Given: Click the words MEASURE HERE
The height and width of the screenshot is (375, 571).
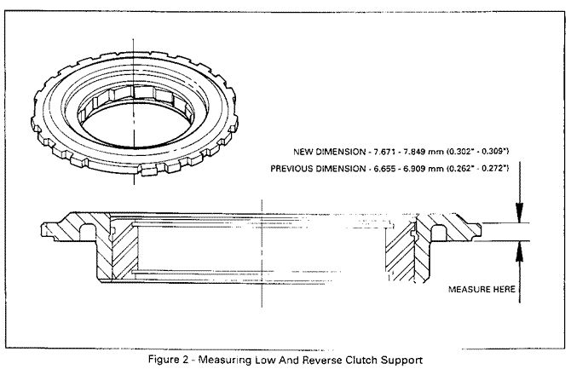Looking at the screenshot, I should (x=482, y=289).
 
